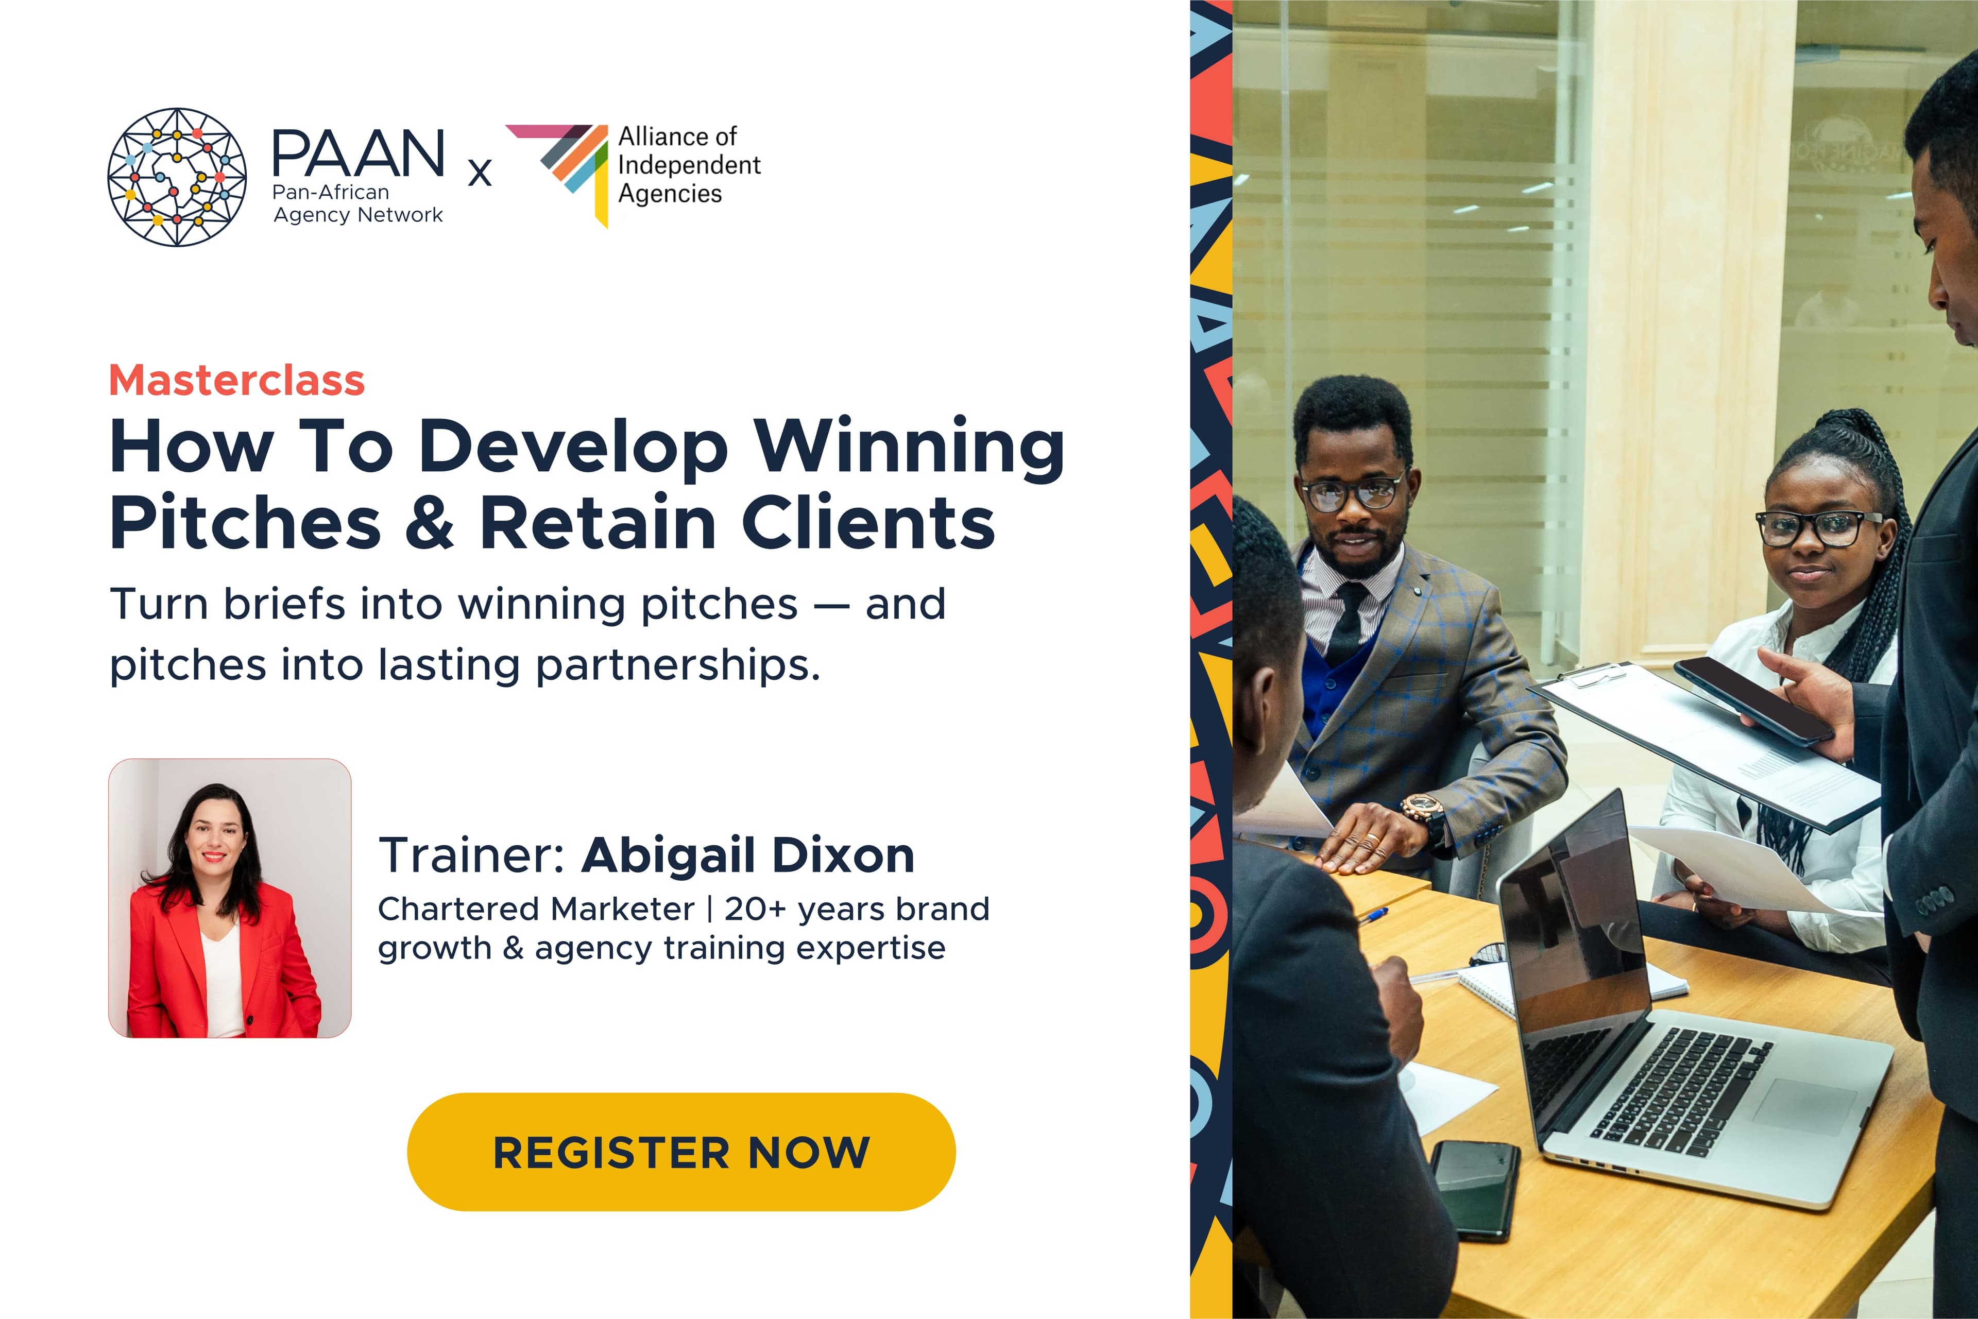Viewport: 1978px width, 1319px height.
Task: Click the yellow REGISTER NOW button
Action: click(680, 1152)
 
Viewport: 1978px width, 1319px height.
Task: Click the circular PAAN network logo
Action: click(177, 177)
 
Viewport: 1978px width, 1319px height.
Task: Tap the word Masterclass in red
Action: click(236, 380)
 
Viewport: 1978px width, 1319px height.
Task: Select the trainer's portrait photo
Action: click(230, 898)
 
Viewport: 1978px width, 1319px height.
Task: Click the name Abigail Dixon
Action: click(747, 855)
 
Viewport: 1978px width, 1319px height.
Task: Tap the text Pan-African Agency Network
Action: click(357, 203)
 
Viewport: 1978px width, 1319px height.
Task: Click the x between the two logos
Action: click(480, 173)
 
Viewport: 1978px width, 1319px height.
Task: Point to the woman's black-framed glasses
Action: click(1817, 527)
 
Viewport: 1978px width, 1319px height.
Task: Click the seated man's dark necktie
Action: click(1348, 623)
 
